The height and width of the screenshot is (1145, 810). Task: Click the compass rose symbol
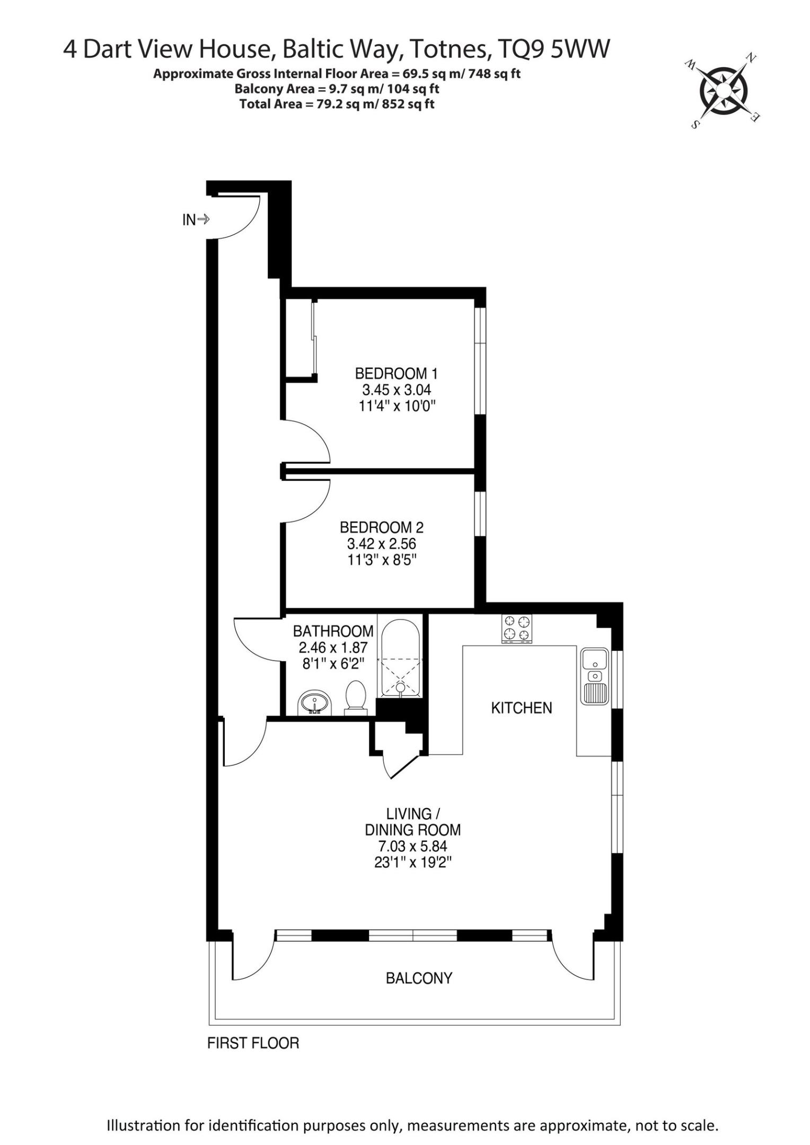click(x=724, y=90)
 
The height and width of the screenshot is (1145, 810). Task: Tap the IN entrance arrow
click(x=204, y=219)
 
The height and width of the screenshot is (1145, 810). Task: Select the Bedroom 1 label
click(x=397, y=373)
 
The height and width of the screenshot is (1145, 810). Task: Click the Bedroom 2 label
click(x=382, y=527)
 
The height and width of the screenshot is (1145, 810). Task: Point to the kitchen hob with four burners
click(x=517, y=629)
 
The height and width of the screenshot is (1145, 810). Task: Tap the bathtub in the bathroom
click(x=401, y=657)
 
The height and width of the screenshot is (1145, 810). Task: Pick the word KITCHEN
click(x=522, y=708)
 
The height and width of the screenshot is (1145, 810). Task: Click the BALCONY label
click(x=419, y=978)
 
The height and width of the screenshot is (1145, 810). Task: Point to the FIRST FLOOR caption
click(x=253, y=1043)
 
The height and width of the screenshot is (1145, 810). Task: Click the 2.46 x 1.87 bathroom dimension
click(x=333, y=647)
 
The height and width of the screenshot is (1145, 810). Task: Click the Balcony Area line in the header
click(x=337, y=89)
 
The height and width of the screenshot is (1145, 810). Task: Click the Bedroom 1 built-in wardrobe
click(x=300, y=339)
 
